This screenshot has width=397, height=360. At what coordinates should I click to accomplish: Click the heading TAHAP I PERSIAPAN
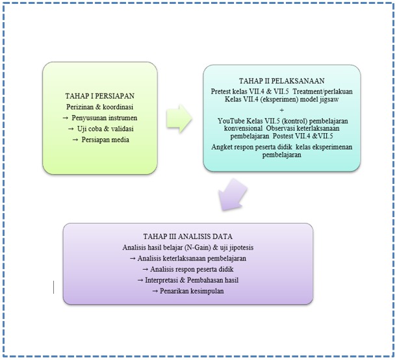pos(99,94)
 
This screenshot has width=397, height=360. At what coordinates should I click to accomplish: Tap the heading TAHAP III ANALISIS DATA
pos(187,236)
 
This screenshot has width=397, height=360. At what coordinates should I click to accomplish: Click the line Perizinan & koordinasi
pos(99,106)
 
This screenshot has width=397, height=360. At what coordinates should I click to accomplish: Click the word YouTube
pos(235,120)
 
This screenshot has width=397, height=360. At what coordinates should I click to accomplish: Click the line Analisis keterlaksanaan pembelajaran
pos(187,258)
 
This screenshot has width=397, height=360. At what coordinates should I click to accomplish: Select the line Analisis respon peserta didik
pos(187,269)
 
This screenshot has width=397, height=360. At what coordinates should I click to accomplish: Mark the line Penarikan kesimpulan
pos(187,291)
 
